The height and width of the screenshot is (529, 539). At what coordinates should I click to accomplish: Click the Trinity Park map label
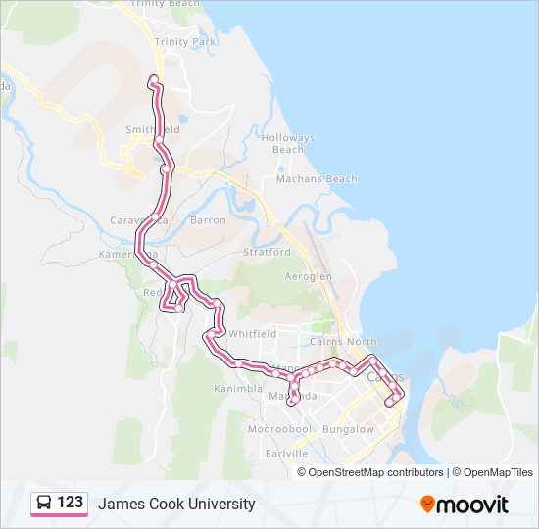click(x=184, y=42)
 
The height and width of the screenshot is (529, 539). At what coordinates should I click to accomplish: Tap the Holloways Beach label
click(x=288, y=144)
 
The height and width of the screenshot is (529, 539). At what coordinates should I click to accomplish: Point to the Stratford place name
click(x=268, y=252)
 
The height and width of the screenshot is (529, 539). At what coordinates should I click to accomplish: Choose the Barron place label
click(x=208, y=220)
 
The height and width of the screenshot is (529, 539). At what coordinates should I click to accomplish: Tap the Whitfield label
click(x=252, y=333)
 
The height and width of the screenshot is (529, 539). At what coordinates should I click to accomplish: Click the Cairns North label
click(x=343, y=342)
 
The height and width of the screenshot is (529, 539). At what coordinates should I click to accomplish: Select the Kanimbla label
click(x=238, y=388)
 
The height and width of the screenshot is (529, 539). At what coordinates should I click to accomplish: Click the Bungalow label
click(x=348, y=429)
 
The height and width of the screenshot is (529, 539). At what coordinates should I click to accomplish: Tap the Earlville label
click(x=286, y=454)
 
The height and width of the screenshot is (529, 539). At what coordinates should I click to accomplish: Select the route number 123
click(x=70, y=503)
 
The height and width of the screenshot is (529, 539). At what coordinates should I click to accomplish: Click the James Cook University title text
click(x=176, y=504)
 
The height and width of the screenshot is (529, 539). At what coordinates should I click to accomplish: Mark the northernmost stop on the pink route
click(x=152, y=78)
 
